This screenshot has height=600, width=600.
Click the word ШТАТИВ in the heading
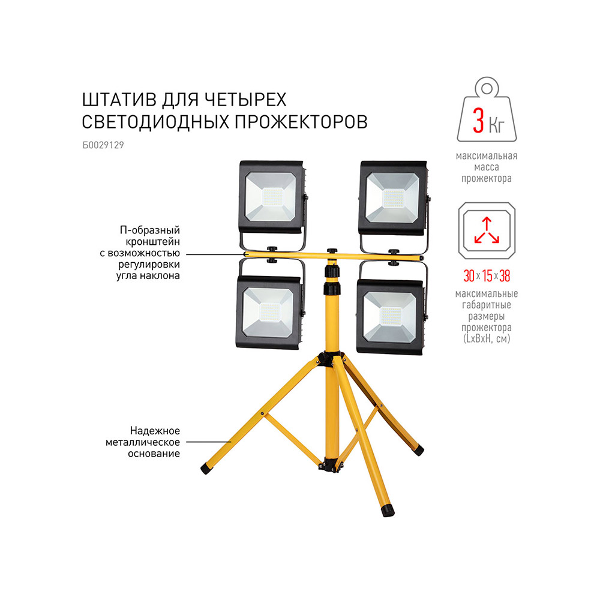(119, 100)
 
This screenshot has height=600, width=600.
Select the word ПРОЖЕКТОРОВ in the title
(301, 122)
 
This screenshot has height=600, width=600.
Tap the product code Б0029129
(103, 145)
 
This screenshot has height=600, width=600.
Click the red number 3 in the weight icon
(478, 120)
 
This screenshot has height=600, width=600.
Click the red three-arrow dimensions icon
(487, 230)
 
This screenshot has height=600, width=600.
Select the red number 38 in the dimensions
(505, 275)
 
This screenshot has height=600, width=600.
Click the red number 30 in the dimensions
(469, 275)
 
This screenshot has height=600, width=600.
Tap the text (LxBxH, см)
(487, 338)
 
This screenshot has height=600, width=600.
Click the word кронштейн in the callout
(152, 242)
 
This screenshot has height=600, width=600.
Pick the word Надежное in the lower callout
(155, 431)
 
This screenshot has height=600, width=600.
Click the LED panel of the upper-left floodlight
(272, 197)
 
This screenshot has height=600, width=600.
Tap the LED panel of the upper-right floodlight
(394, 199)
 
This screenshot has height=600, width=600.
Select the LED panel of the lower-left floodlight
(269, 312)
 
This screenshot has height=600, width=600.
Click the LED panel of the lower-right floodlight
(391, 316)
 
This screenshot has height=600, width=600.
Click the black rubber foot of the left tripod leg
(206, 469)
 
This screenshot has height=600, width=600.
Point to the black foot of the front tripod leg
(388, 511)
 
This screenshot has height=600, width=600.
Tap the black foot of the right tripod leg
(418, 449)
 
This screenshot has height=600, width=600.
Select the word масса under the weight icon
(487, 167)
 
